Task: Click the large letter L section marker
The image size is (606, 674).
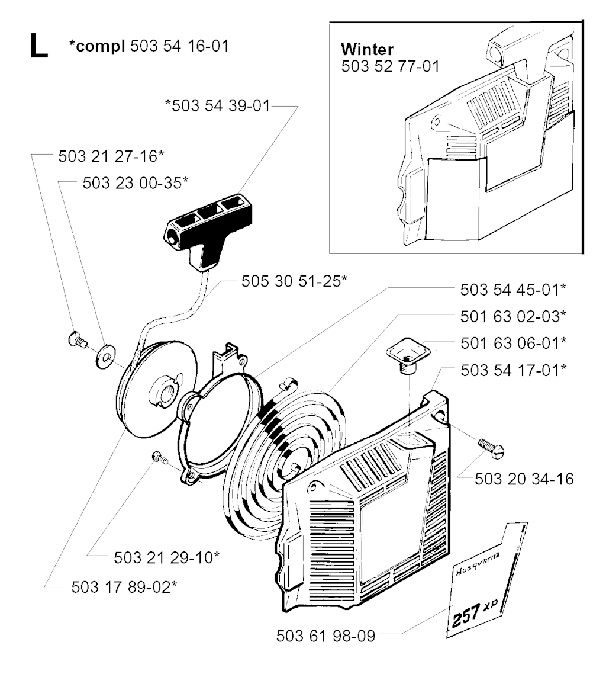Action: tap(38, 46)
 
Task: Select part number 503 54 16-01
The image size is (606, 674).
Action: tap(179, 46)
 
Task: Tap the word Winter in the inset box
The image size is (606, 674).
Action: tap(367, 49)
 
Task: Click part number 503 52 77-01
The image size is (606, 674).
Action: tap(391, 66)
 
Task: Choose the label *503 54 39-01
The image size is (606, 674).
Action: tap(218, 106)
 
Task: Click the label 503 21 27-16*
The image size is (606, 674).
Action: tap(111, 156)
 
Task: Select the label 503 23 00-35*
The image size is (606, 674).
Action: tap(136, 182)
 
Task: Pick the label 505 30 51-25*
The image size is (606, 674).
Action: tap(294, 281)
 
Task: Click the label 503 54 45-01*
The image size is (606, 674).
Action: tap(513, 290)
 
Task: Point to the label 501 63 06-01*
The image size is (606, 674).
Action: tap(514, 343)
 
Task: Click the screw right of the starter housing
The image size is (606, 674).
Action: tap(491, 448)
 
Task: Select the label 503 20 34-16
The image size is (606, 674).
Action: tap(524, 479)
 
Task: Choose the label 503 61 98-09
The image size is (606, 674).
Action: tap(325, 636)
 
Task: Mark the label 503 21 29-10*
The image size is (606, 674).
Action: tap(167, 557)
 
